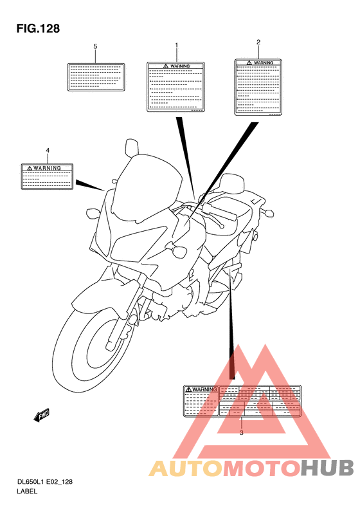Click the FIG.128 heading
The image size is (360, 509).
[x=38, y=28]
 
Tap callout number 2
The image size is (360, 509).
[x=258, y=42]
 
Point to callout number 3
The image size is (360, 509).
[x=241, y=433]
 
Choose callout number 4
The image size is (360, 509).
[x=47, y=151]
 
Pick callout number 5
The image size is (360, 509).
[x=95, y=46]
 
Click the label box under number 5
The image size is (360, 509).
[x=95, y=76]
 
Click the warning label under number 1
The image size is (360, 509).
[x=176, y=86]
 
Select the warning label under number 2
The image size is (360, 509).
[x=258, y=87]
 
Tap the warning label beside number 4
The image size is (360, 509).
[x=47, y=176]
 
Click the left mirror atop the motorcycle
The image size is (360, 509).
[x=132, y=146]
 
